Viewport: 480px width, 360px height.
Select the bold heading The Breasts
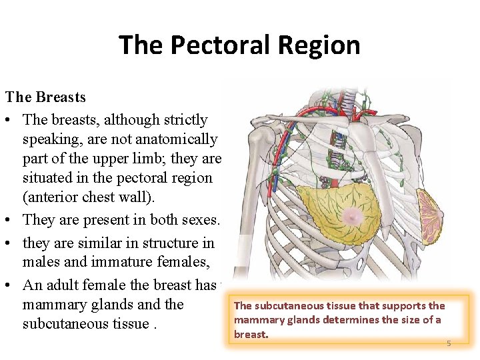click(45, 97)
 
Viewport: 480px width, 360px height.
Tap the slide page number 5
click(449, 343)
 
